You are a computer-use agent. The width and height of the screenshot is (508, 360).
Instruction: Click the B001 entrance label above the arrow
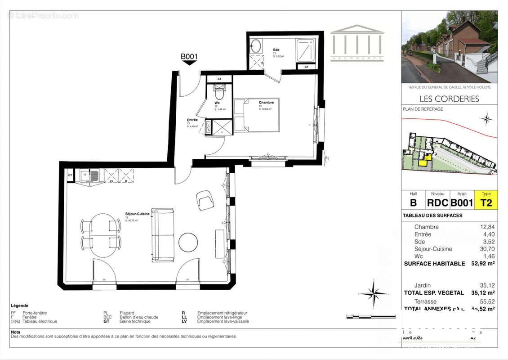[x=189, y=57]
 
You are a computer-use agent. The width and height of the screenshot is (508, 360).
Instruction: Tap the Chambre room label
[x=266, y=103]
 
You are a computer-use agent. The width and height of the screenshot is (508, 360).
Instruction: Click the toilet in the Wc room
[x=219, y=94]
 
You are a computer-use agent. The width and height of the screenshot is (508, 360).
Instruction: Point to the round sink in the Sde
[x=256, y=46]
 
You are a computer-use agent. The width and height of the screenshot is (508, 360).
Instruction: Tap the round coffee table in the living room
[x=188, y=243]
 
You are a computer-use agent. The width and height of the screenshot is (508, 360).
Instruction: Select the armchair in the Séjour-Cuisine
[x=205, y=200]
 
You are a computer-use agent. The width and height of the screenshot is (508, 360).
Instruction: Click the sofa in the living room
[x=163, y=235]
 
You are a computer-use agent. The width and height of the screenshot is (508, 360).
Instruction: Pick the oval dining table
[x=101, y=235]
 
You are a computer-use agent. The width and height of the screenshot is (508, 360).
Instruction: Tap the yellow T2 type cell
[x=486, y=202]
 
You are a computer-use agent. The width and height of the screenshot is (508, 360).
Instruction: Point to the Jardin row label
[x=422, y=285]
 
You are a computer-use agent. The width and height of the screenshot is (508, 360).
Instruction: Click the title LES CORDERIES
[x=449, y=99]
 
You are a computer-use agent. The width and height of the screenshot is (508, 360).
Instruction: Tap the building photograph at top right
[x=449, y=47]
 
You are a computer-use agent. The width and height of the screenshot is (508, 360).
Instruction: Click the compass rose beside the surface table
[x=372, y=293]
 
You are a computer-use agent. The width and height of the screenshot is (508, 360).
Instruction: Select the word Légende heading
[x=20, y=305]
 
